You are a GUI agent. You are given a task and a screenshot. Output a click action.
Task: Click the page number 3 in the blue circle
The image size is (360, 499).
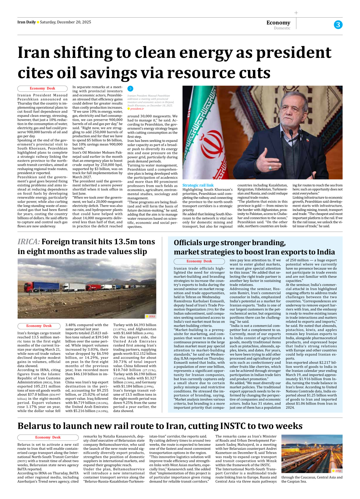coord(338,25)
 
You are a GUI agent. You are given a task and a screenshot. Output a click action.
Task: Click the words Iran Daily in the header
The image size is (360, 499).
coord(26,22)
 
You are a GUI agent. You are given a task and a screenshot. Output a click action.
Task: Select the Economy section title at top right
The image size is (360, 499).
coord(278,22)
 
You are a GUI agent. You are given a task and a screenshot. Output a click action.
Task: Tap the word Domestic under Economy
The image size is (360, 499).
coord(282,28)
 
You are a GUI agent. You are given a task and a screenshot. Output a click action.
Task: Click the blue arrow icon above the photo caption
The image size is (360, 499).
coord(130,89)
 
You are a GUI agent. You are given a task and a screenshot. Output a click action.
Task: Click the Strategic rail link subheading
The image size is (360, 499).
coord(198,185)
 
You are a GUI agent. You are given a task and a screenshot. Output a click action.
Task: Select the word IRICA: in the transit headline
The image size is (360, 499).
coord(29,242)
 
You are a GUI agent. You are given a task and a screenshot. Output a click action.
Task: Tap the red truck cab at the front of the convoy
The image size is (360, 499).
coord(29,287)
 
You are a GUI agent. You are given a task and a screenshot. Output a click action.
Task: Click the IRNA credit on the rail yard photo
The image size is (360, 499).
coord(338,471)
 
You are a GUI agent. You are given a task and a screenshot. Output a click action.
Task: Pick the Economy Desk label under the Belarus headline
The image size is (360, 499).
coord(48,437)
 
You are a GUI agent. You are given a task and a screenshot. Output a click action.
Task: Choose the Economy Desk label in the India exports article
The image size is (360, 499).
coord(199,261)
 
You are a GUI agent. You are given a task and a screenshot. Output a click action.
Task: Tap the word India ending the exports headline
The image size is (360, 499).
coord(324,252)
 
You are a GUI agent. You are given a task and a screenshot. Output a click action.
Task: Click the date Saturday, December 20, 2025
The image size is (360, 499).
coord(65,22)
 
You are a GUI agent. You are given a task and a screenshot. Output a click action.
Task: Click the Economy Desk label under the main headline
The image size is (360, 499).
coord(42,89)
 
